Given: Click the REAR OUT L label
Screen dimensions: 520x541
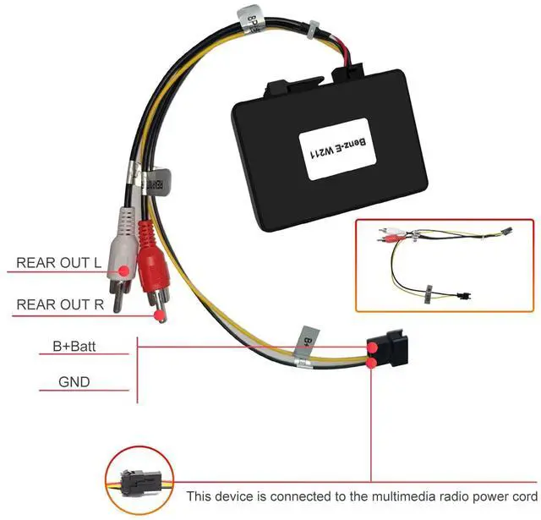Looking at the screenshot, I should pyautogui.click(x=59, y=262).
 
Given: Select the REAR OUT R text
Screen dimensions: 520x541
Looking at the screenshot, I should pyautogui.click(x=60, y=304).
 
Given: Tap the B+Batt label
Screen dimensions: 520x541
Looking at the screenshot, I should pyautogui.click(x=72, y=345).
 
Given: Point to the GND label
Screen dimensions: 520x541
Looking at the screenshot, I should pyautogui.click(x=74, y=381).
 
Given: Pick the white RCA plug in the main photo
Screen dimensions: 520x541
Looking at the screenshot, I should pyautogui.click(x=123, y=245).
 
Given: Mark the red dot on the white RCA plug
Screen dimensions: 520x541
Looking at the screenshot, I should pyautogui.click(x=125, y=271).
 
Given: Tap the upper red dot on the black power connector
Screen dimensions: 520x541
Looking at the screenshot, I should pyautogui.click(x=373, y=347).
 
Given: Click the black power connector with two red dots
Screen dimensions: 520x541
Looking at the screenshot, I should pyautogui.click(x=387, y=353).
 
